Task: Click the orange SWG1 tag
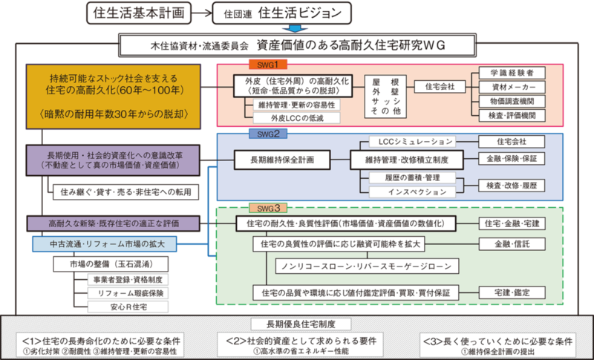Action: click(x=263, y=64)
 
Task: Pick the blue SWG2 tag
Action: click(x=263, y=134)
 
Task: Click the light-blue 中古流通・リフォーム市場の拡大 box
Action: click(x=103, y=243)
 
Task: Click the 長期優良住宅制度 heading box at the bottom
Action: click(x=296, y=324)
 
